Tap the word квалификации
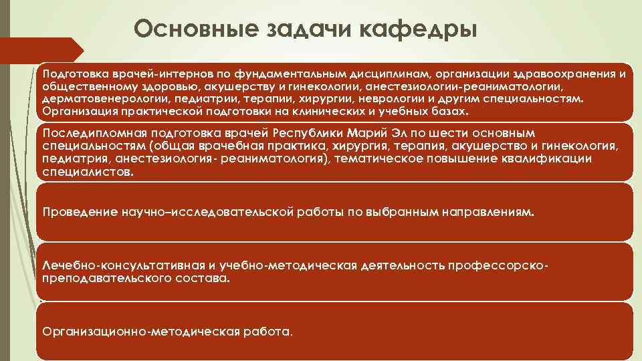(549, 158)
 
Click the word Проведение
(78, 212)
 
